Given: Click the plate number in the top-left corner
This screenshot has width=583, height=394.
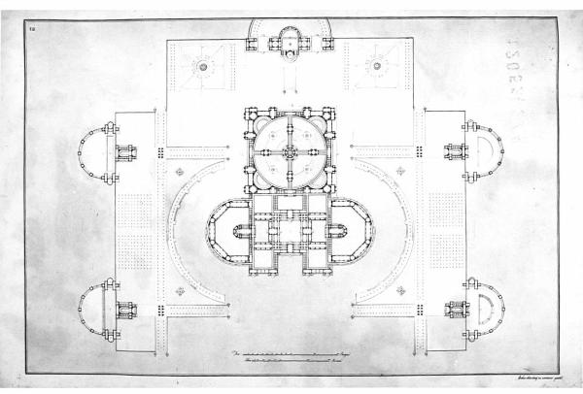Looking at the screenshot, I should (x=32, y=32).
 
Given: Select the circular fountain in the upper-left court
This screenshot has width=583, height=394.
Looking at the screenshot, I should (x=204, y=67).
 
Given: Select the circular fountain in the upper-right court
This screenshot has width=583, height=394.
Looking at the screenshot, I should (x=377, y=67).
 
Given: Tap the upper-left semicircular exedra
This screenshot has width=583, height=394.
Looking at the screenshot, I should (x=94, y=152).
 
